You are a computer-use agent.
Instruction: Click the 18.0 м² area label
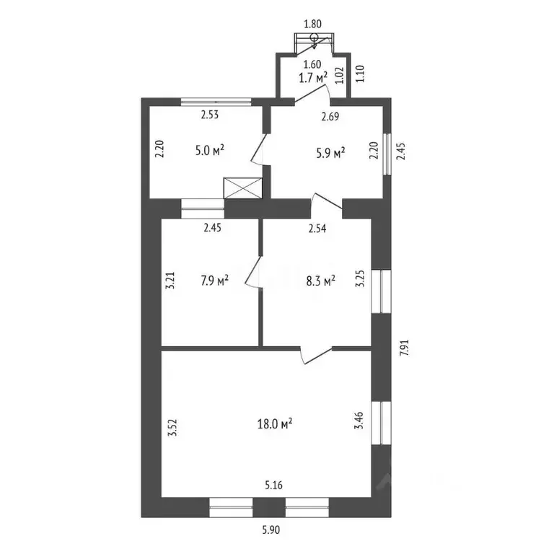[275, 423]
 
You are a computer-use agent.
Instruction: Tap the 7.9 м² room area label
[215, 281]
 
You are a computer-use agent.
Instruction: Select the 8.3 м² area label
[320, 281]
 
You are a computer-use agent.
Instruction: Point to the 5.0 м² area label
[210, 151]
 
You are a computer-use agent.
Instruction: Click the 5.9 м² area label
[330, 154]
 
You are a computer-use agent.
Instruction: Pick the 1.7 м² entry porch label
[313, 77]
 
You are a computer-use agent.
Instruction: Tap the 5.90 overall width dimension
[271, 529]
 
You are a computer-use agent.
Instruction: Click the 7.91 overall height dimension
[404, 348]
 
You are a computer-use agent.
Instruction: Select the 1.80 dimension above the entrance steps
[312, 24]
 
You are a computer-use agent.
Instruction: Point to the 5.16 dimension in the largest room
[274, 485]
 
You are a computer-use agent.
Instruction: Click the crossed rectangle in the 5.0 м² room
[242, 188]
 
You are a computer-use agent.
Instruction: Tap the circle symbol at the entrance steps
[314, 38]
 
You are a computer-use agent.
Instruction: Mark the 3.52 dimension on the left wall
[172, 428]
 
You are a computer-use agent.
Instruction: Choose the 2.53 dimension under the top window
[210, 115]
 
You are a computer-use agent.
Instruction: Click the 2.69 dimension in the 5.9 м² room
[330, 116]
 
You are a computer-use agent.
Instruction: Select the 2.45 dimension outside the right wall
[400, 151]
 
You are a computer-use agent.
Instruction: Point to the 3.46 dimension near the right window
[359, 421]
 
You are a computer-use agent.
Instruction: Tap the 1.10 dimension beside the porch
[360, 74]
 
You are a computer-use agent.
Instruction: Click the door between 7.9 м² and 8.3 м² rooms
[254, 271]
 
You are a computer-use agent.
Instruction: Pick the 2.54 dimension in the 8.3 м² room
[317, 229]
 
